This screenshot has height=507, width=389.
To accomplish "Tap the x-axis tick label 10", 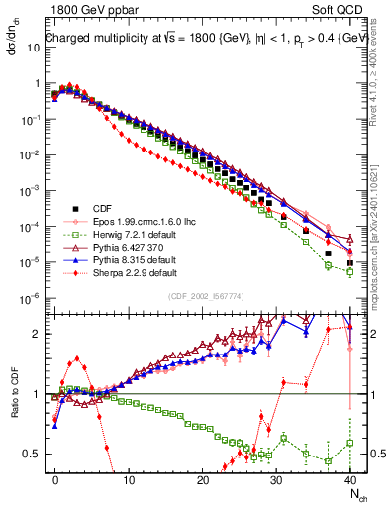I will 129,477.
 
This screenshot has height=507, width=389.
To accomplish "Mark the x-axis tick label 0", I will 55,477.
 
